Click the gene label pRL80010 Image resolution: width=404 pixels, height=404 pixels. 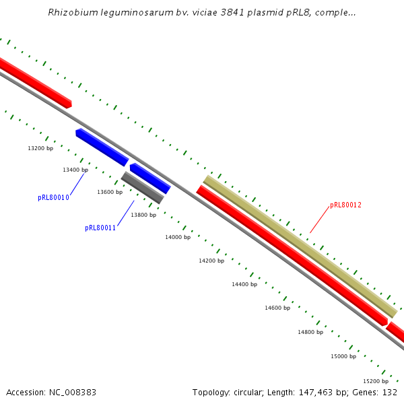click(53, 198)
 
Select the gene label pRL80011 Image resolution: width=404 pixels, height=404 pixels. click(100, 228)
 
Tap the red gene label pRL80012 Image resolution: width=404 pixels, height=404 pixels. click(346, 205)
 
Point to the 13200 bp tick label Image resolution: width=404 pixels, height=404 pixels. click(40, 148)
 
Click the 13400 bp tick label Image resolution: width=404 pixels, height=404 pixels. click(75, 170)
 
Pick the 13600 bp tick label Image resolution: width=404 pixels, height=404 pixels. click(110, 193)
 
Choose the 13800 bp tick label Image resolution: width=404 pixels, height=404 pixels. click(143, 215)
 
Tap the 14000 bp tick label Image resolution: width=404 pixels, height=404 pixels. click(178, 238)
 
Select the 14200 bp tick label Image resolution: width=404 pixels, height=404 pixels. click(211, 261)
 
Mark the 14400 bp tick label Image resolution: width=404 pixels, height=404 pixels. click(244, 285)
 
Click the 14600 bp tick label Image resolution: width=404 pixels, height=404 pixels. click(277, 308)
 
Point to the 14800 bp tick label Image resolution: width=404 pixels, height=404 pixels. click(310, 332)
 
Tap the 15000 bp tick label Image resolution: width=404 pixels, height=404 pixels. click(343, 356)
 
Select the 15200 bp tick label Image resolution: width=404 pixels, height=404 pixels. click(376, 381)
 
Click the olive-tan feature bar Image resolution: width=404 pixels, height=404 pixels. click(300, 246)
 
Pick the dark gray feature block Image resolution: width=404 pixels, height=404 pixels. click(142, 188)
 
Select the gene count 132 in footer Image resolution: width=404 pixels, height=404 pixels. click(390, 392)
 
